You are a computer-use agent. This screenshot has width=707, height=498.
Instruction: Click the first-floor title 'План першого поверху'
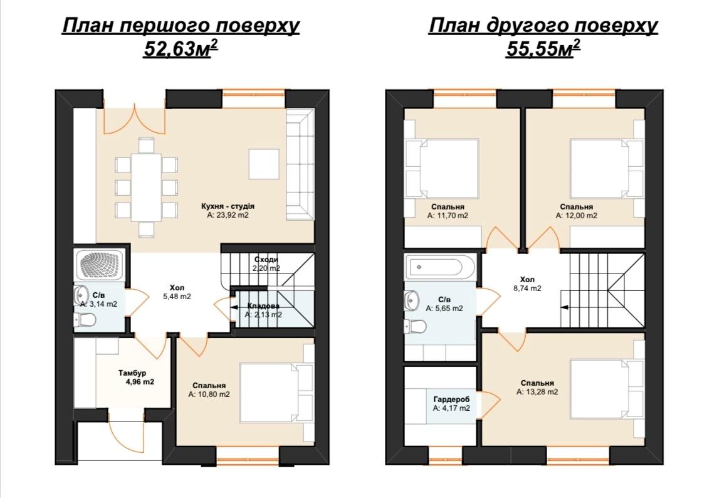point(181,26)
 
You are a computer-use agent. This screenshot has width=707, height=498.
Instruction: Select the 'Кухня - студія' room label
point(228,206)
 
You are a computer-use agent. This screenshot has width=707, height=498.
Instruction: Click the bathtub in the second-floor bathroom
point(440,267)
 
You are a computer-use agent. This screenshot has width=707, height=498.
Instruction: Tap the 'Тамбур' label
point(132,373)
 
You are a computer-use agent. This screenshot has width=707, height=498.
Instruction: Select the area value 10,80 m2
point(209,395)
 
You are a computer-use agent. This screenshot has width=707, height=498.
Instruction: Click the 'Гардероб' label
point(451,399)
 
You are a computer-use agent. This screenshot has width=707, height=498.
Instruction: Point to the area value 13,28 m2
point(537,392)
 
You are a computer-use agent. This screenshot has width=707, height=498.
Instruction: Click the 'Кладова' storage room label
point(263,306)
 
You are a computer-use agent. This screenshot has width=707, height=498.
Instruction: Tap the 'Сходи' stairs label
point(266,260)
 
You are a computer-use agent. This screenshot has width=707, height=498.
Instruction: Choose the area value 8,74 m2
point(530,289)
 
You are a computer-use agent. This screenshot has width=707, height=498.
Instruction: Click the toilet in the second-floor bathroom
point(414,327)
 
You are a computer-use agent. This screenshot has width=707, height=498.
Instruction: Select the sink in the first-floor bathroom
point(81,294)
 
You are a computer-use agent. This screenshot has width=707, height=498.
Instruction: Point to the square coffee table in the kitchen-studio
point(264,164)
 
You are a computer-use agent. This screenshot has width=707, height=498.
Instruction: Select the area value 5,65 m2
point(444,309)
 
